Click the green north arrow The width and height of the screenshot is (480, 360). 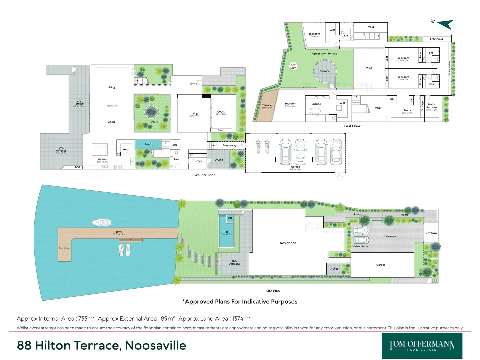coord(446,24)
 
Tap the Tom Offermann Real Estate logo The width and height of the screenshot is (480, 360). coord(422,346)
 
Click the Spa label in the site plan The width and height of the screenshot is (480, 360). coord(230,218)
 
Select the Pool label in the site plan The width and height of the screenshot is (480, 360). coord(226,232)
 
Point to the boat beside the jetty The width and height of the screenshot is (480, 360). coord(101,222)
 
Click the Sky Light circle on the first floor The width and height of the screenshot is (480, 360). coord(293,66)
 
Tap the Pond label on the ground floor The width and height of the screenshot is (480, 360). coord(148,144)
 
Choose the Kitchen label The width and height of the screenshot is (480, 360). coord(102,159)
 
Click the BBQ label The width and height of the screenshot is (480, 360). coord(78,167)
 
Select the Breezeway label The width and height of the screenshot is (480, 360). coord(229,145)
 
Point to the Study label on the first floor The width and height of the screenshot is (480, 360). coord(407,110)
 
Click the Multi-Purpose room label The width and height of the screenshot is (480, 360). coord(432,106)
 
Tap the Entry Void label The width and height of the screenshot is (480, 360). coord(436,39)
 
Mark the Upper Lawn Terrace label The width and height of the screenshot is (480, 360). coord(325,53)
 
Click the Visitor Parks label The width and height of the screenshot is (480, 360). coord(360,246)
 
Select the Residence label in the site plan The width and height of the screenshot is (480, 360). coord(288,243)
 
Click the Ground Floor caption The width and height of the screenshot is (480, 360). coord(204,175)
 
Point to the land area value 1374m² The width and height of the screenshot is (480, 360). coord(241,319)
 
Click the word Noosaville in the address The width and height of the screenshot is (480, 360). coord(155,346)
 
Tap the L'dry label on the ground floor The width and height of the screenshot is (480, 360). coord(199,161)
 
